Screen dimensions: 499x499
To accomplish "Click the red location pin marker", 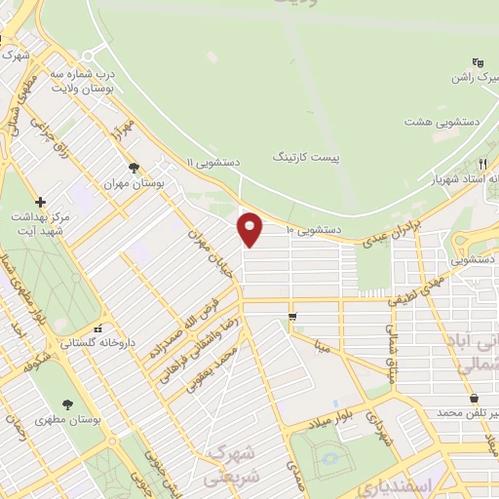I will [x=250, y=229].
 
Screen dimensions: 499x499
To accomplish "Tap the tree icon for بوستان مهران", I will [x=134, y=167].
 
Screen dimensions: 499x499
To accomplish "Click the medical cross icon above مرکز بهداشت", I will [x=40, y=201].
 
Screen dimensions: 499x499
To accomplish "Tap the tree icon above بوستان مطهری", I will [x=66, y=404].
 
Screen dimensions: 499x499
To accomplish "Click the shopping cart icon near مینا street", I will [x=292, y=317].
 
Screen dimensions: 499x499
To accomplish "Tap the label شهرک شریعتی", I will [x=232, y=466].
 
